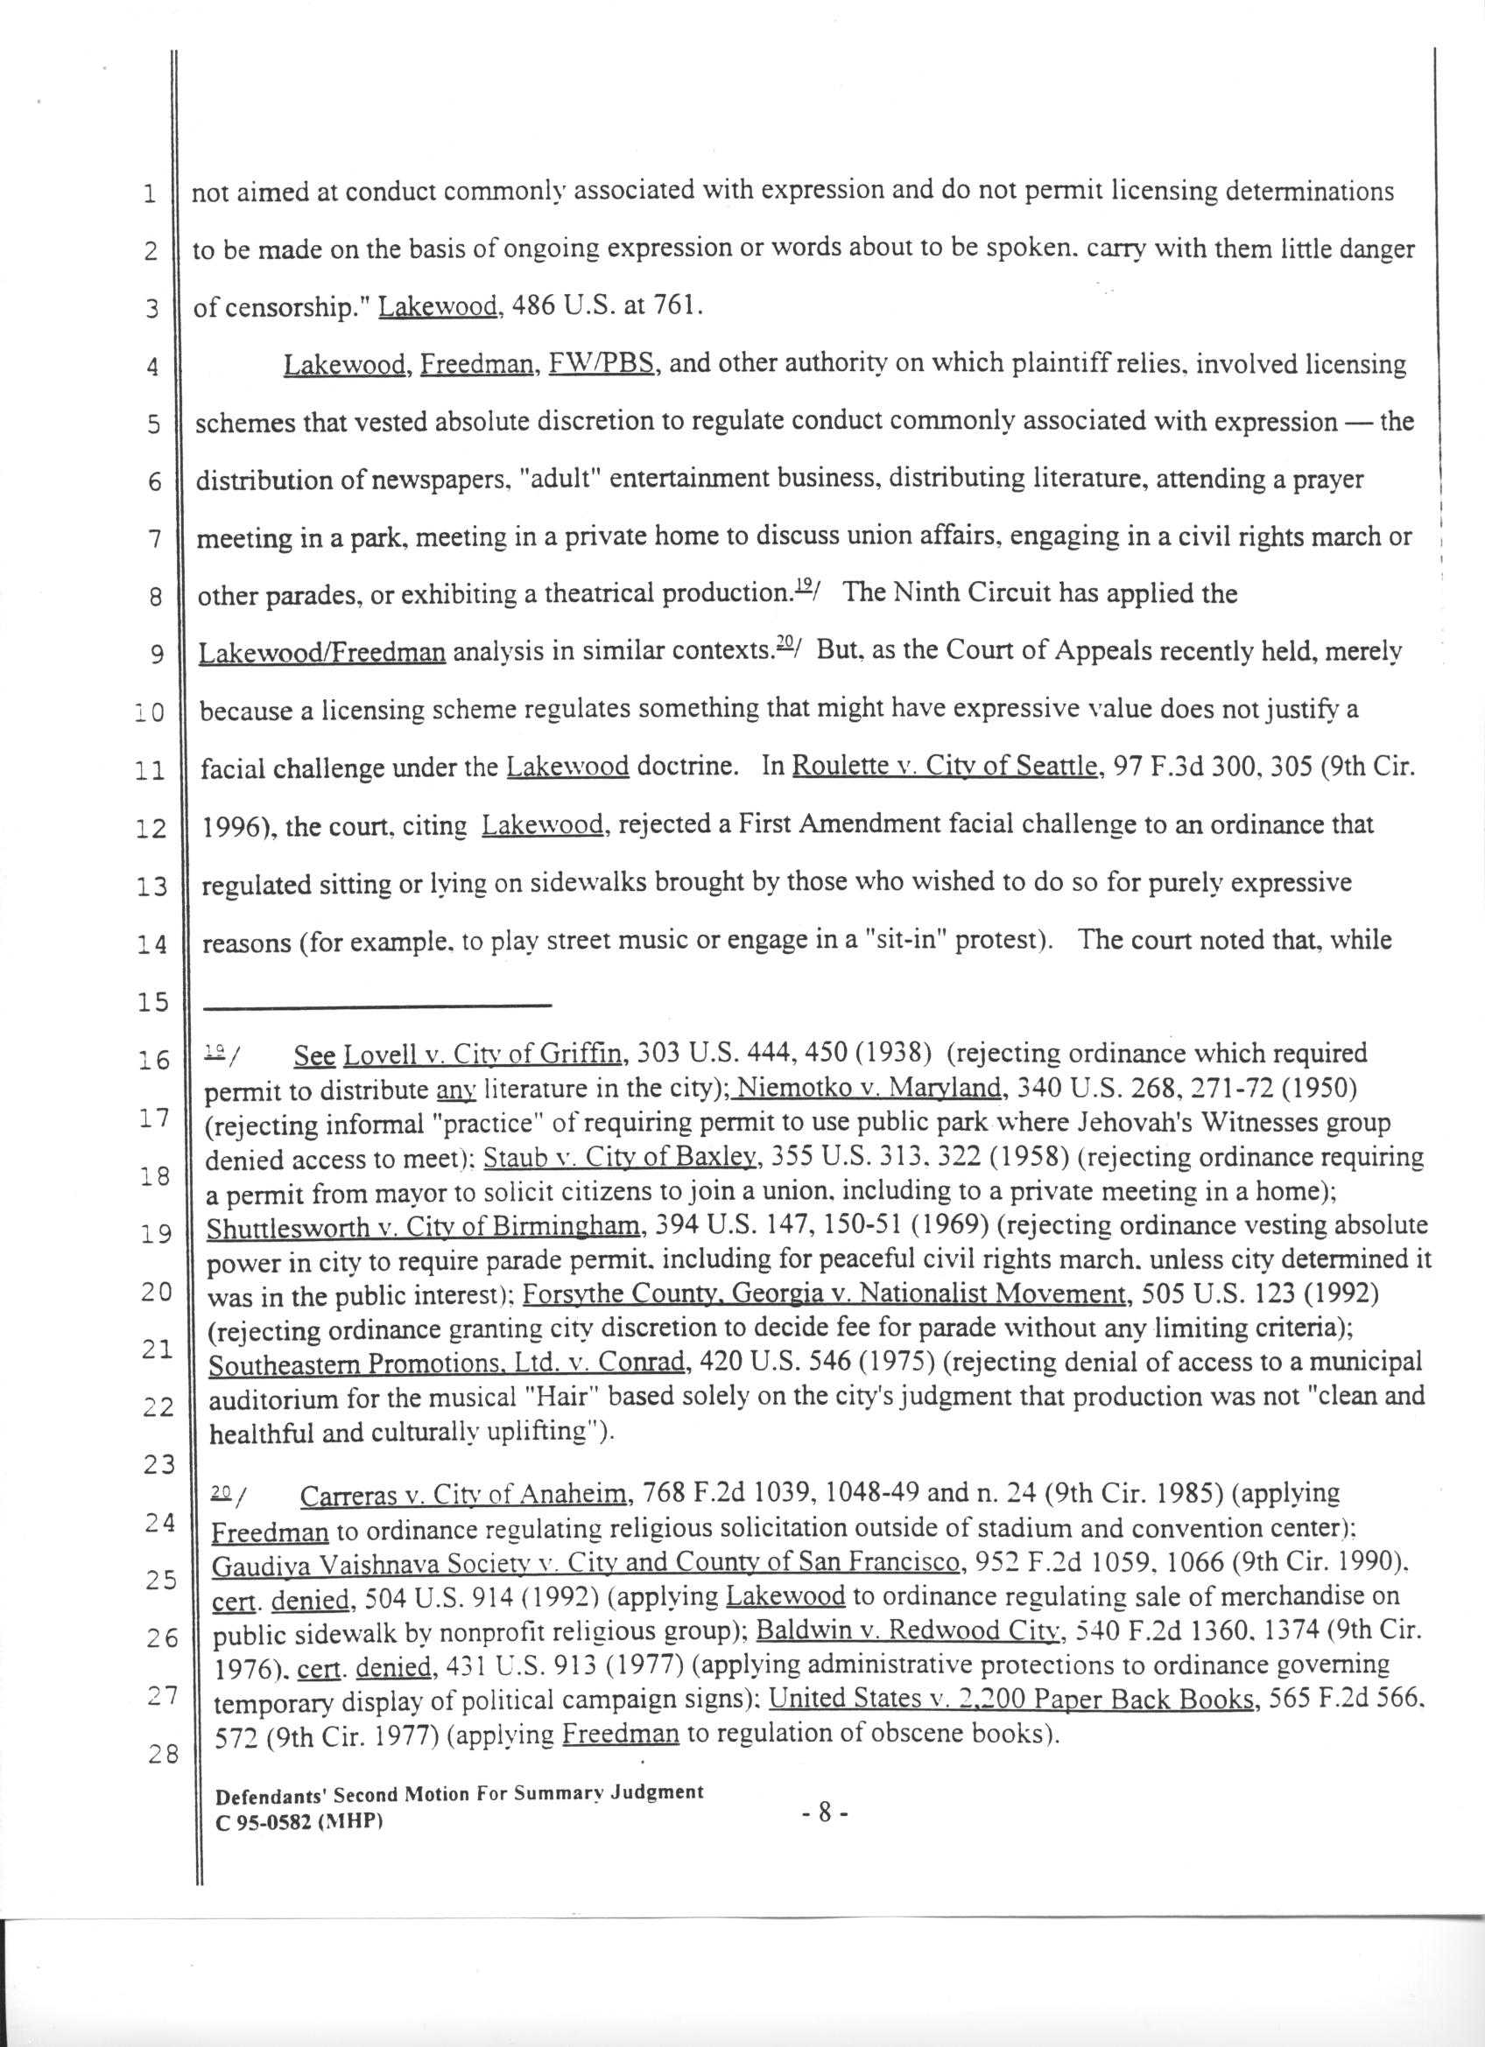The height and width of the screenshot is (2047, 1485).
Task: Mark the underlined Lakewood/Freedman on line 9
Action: click(x=321, y=653)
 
